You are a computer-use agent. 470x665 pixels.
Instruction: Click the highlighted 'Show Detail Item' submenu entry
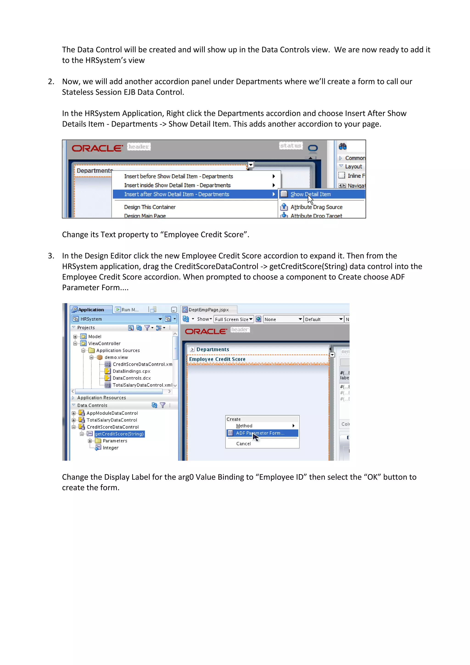click(311, 194)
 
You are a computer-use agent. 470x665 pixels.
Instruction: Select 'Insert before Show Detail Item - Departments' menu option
click(178, 176)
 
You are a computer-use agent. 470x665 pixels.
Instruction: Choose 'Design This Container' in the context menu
click(150, 207)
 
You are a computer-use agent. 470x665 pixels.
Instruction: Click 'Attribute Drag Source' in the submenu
click(316, 207)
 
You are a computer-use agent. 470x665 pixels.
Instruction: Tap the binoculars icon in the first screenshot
click(343, 146)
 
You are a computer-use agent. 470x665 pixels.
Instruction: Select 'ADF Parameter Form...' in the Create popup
click(260, 433)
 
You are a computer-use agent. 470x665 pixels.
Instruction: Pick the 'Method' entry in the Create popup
click(244, 426)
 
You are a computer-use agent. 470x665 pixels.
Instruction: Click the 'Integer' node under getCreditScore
click(111, 448)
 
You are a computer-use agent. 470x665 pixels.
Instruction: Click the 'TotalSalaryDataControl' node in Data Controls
click(112, 420)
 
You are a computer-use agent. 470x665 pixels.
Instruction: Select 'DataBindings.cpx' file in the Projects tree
click(131, 371)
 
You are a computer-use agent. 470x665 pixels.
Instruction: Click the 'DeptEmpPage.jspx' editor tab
click(208, 310)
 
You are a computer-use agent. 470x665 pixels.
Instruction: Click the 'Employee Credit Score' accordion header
click(217, 359)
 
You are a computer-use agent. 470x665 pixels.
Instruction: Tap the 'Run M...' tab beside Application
click(127, 310)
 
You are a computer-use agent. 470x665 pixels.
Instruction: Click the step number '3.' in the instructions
click(51, 256)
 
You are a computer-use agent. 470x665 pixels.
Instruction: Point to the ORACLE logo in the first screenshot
click(97, 148)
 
